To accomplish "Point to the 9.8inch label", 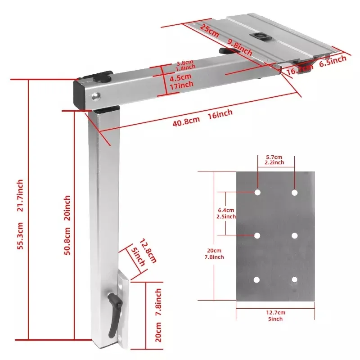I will [239, 47].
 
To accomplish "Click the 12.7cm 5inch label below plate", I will [275, 315].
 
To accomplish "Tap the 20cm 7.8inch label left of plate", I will [214, 254].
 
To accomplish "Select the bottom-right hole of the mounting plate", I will [295, 279].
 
